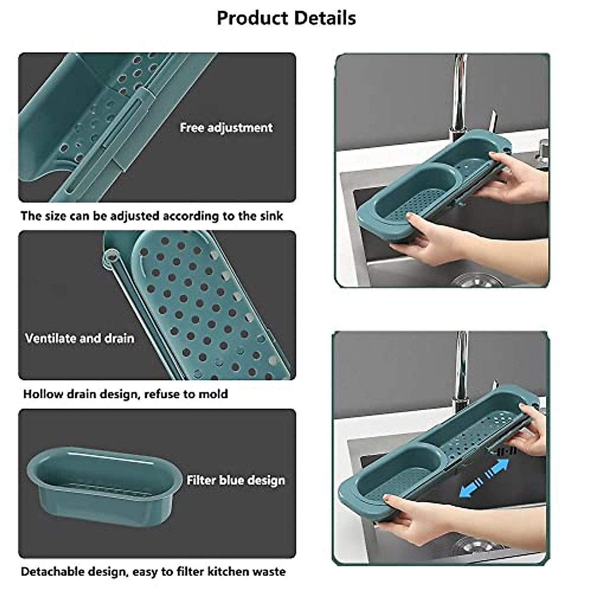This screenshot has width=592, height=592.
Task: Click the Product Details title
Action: [x=286, y=18]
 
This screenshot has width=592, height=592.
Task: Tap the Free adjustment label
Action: [x=226, y=128]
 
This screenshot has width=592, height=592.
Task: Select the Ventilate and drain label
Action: [x=79, y=338]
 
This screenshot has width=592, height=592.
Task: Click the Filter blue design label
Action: [x=236, y=480]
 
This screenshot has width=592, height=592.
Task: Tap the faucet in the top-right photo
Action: [x=459, y=94]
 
